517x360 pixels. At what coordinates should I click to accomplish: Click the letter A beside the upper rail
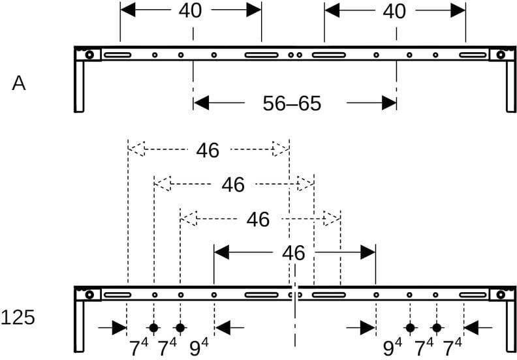pos(19,83)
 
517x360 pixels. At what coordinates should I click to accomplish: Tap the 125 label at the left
pos(18,318)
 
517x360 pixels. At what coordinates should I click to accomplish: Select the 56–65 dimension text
pos(292,104)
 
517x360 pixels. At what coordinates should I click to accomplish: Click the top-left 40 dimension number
pos(190,10)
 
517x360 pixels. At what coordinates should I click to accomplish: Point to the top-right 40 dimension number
pos(394,12)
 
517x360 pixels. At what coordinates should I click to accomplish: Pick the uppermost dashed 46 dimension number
pos(208,151)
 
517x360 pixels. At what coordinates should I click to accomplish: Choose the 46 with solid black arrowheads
pos(294,253)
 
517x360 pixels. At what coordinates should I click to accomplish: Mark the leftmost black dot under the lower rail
pos(153,328)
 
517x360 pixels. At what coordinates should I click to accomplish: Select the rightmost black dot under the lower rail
pos(437,328)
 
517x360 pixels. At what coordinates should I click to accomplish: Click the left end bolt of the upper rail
pos(89,55)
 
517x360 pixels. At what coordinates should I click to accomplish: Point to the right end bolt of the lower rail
pos(501,294)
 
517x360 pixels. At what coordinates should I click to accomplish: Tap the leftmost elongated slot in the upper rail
pos(117,55)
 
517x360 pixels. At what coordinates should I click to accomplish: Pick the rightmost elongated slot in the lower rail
pos(473,295)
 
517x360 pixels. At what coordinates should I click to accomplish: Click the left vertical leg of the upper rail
pos(79,86)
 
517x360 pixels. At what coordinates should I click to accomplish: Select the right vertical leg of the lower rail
pos(511,326)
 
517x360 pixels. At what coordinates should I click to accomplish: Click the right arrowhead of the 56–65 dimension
pos(389,103)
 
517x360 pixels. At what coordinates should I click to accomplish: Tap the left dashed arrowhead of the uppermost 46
pos(136,149)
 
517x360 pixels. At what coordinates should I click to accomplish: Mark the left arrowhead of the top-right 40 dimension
pos(332,10)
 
